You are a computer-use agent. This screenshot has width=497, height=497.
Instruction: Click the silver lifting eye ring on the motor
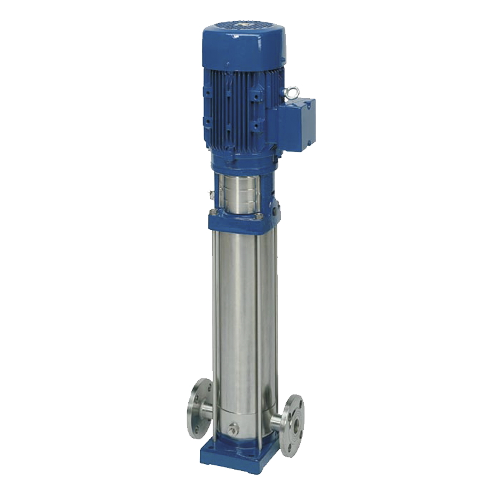tap(292, 93)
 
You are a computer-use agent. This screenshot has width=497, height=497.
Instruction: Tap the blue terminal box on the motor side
tap(297, 124)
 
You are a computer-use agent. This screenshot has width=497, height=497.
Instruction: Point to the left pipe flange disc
tap(197, 408)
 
